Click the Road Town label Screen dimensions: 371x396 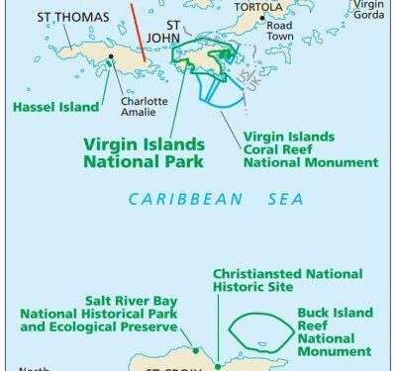point(282,35)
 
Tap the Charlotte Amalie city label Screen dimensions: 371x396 point(139,106)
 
